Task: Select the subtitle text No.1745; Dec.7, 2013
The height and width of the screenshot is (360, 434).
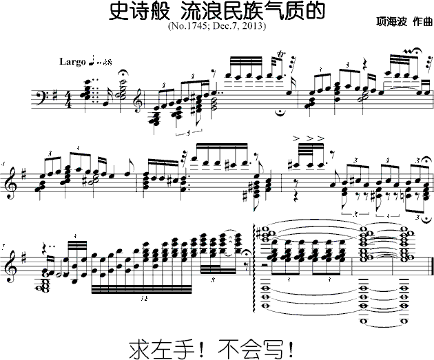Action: pos(217,26)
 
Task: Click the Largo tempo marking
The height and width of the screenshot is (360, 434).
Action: pos(72,61)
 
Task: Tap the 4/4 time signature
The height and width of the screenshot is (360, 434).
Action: pos(69,101)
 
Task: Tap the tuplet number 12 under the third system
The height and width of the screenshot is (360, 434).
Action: pos(143,299)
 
